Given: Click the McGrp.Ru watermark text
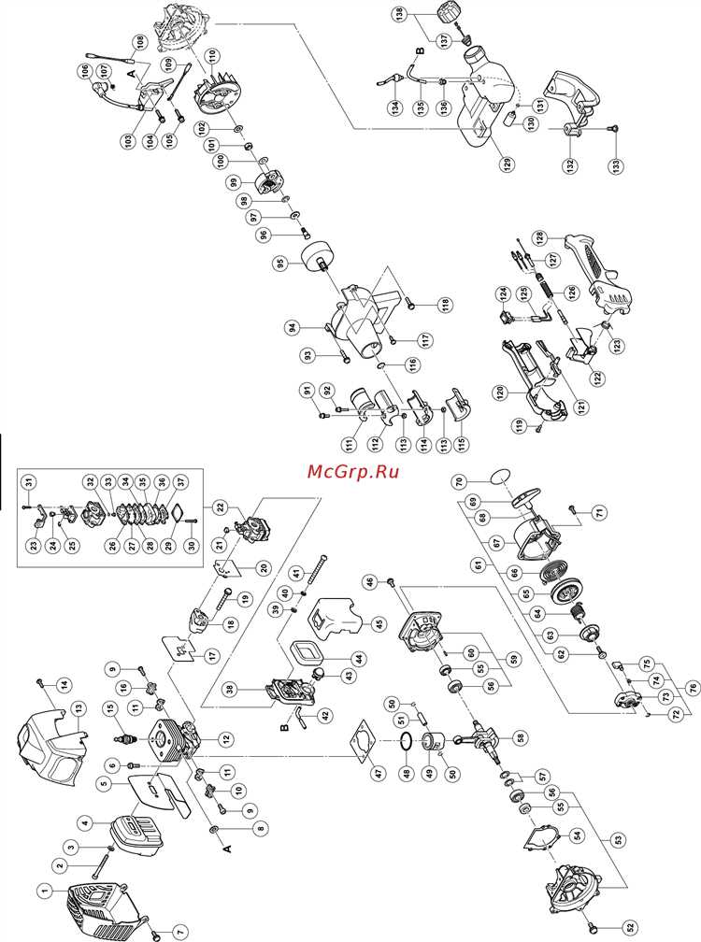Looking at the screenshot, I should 353,470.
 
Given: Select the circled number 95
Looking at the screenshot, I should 279,264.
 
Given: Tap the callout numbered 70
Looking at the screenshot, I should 459,483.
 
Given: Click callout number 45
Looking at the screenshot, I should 378,625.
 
